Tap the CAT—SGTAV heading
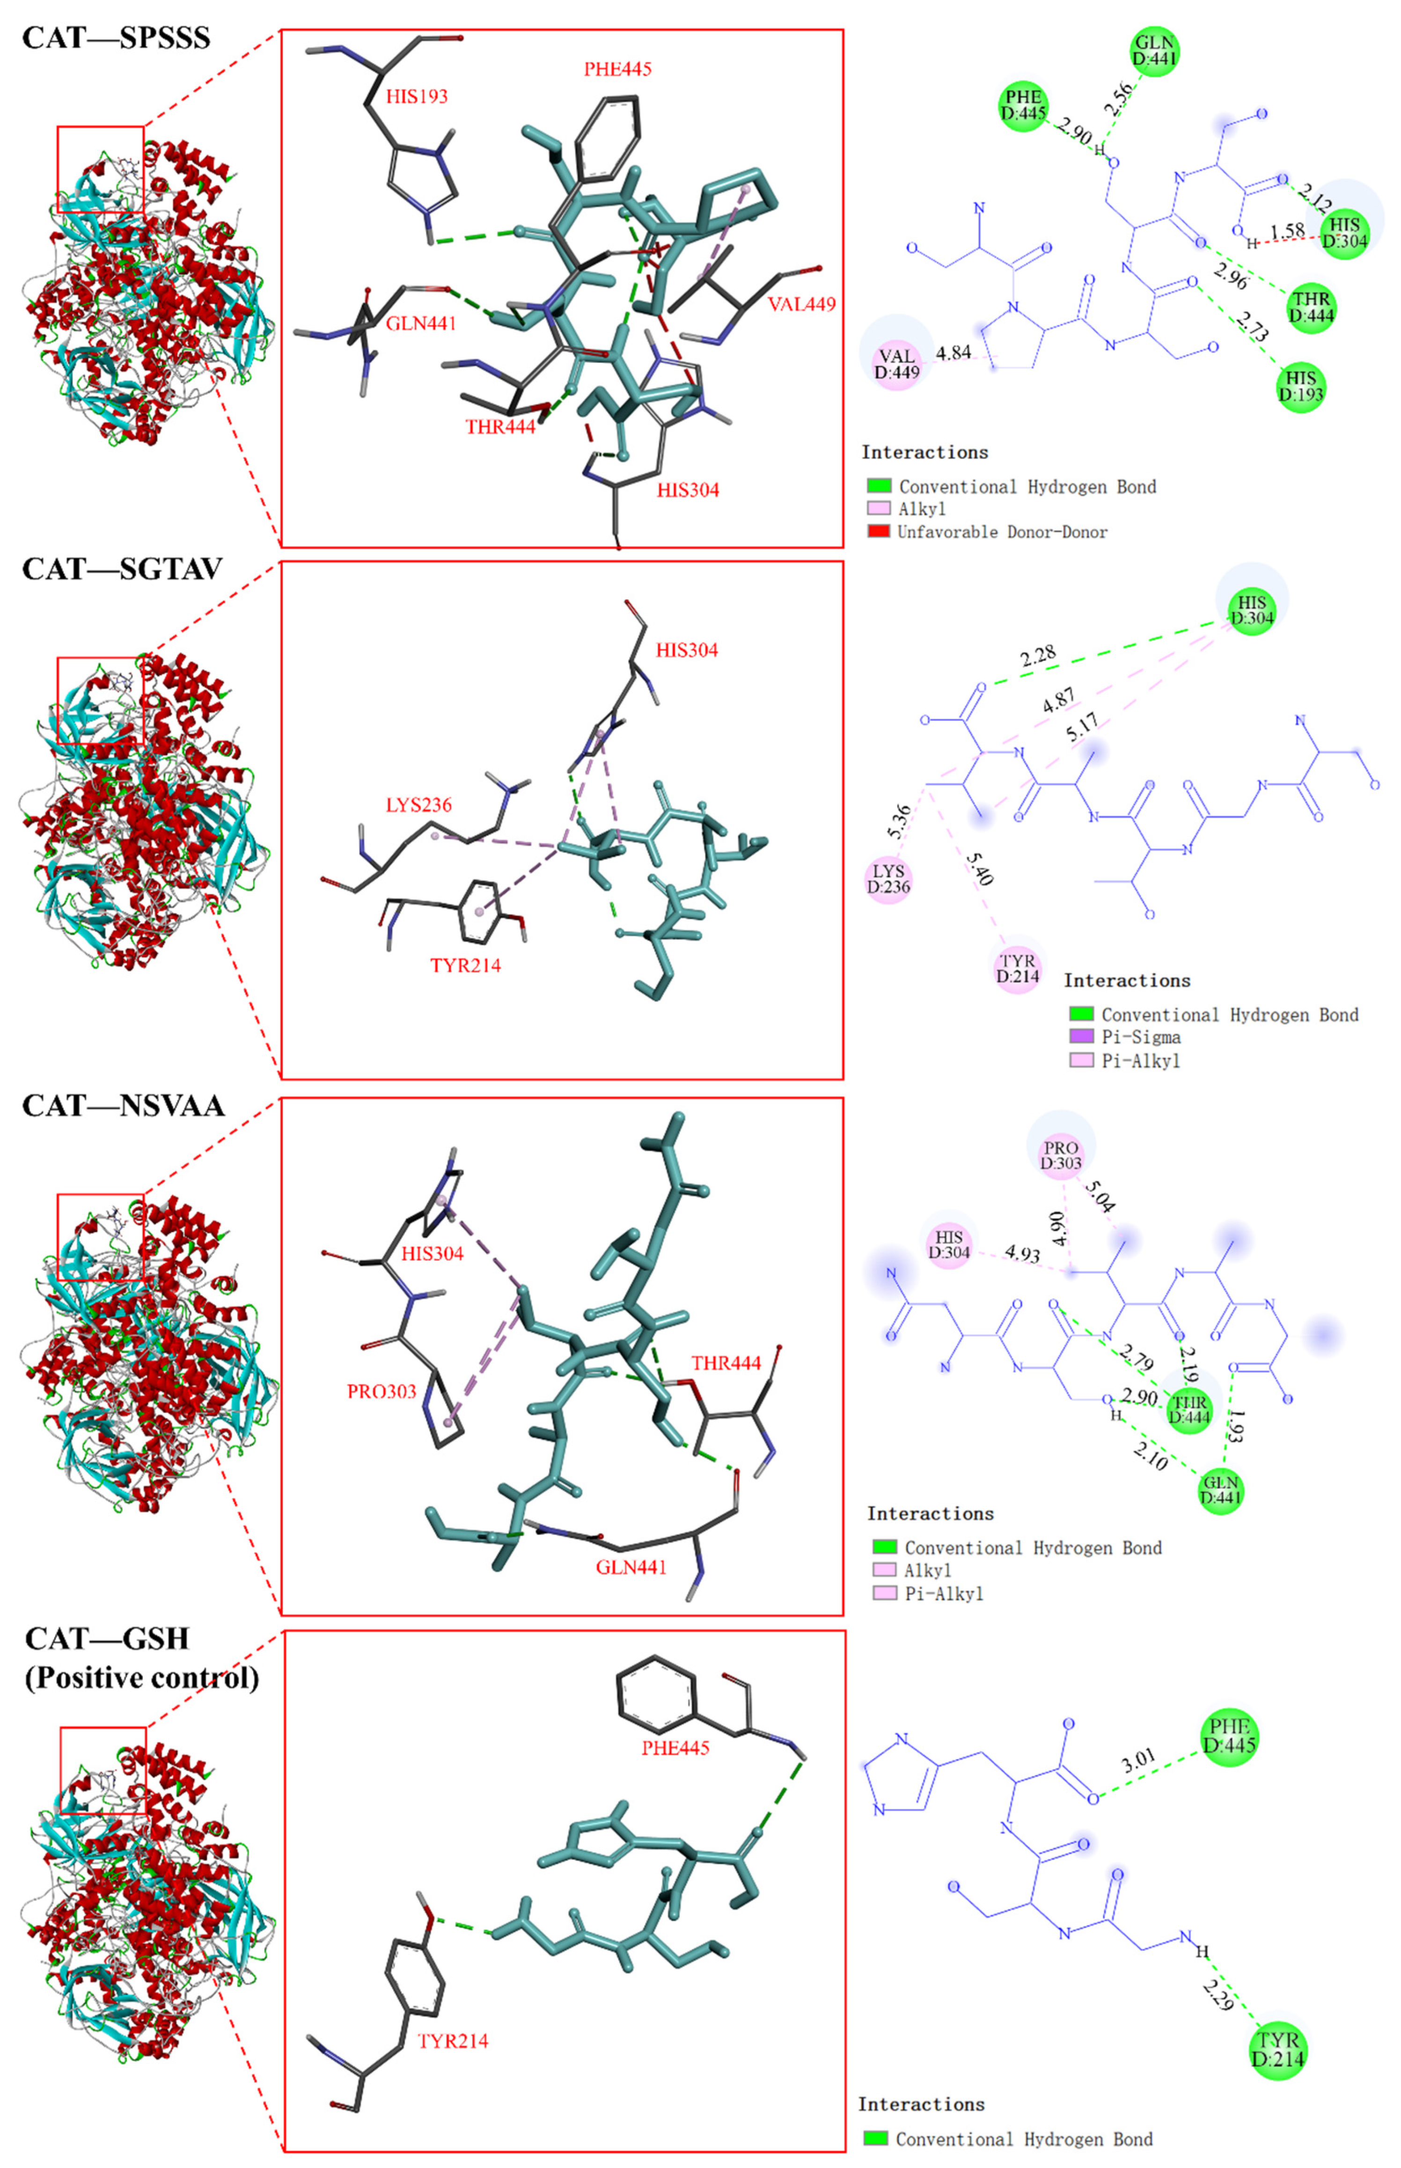coord(122,568)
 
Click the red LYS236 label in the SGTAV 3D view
coord(418,804)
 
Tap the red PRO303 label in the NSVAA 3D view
coord(381,1391)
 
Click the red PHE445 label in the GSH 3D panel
coord(675,1748)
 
